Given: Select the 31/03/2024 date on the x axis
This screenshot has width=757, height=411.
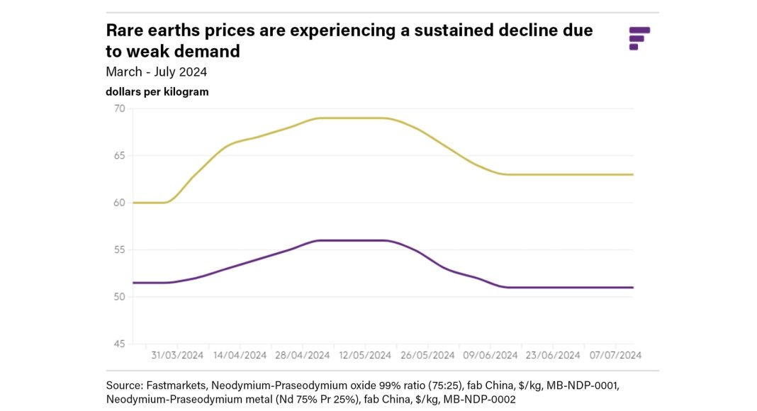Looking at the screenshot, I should (x=176, y=355).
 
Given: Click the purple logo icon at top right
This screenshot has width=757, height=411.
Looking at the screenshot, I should (x=639, y=38).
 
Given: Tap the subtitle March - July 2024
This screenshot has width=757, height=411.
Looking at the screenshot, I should (x=156, y=72).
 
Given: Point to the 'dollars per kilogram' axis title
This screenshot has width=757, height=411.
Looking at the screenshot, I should (x=157, y=92).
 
